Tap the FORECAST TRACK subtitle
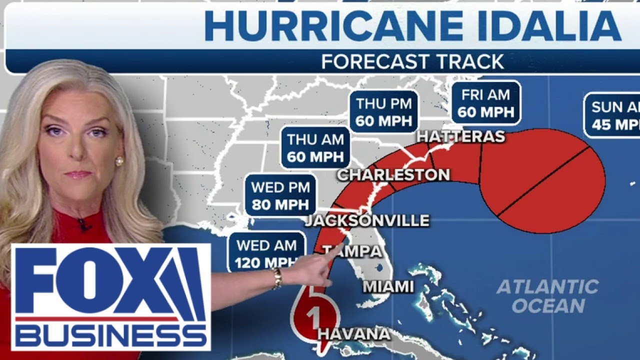[413, 61]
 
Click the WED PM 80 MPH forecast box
[280, 195]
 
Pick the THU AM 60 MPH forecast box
[315, 147]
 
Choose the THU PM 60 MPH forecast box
[384, 112]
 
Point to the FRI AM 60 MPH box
[485, 102]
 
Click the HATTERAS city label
[460, 136]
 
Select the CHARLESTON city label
[393, 174]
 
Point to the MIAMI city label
[388, 286]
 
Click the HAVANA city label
[354, 333]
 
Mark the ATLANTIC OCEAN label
[547, 296]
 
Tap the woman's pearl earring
[119, 161]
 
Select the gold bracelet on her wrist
[276, 278]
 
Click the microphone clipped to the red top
[82, 223]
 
